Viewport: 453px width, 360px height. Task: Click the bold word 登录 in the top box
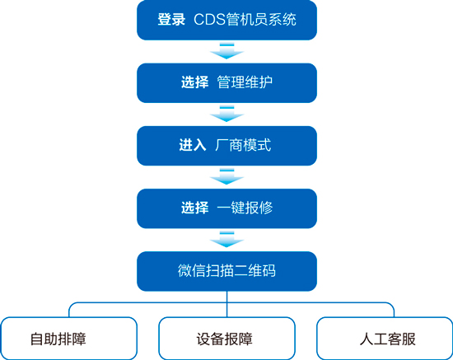pos(171,20)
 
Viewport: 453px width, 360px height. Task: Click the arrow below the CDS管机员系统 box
pos(226,51)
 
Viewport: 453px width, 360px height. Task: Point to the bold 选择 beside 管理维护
pos(194,82)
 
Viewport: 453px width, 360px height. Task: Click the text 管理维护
pos(245,82)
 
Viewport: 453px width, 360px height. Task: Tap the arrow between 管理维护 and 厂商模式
pos(226,114)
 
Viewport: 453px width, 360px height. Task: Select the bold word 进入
pos(193,145)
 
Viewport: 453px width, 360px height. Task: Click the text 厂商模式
pos(243,145)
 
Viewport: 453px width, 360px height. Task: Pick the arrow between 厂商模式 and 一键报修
pos(226,176)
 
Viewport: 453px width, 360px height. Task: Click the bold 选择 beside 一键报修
pos(194,208)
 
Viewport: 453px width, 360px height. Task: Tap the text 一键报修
pos(245,208)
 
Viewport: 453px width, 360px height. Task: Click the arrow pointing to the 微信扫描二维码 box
pos(226,239)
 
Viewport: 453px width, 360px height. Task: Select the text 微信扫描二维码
pos(226,271)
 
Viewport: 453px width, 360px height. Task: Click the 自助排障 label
pos(58,339)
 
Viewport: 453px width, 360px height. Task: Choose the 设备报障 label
pos(225,339)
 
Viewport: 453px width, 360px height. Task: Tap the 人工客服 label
pos(388,339)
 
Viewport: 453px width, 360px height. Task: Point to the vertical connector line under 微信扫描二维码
pos(226,304)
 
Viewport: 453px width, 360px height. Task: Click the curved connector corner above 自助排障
pos(72,305)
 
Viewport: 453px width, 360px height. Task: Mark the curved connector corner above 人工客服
pos(392,305)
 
